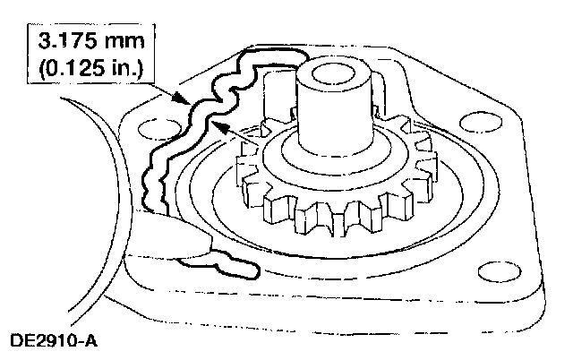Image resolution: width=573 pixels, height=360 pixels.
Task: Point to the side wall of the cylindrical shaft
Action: tap(333, 116)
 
